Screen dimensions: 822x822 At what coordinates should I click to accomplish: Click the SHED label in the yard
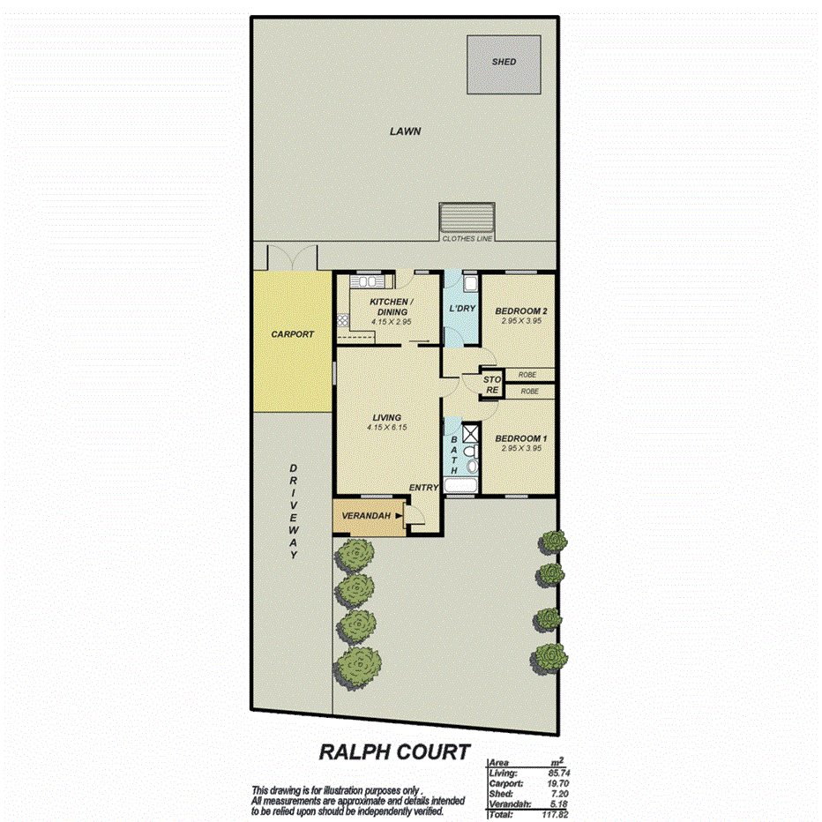tap(504, 62)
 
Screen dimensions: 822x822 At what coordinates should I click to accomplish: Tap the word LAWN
tap(406, 131)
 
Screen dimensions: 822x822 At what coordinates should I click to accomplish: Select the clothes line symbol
tap(467, 217)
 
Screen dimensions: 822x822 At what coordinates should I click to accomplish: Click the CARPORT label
tap(293, 335)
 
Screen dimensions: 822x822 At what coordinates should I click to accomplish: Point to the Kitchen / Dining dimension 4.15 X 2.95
tap(391, 323)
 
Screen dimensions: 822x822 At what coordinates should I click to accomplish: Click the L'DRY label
tap(462, 309)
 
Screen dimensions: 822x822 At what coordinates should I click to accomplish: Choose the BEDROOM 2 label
tap(521, 311)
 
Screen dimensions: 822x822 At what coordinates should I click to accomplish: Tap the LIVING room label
tap(386, 417)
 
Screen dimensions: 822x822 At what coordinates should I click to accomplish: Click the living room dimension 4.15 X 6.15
tap(386, 428)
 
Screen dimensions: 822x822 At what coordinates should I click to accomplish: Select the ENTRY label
tap(423, 487)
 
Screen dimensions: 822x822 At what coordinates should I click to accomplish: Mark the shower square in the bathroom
tap(470, 433)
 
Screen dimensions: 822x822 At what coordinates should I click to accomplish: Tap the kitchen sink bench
tap(371, 281)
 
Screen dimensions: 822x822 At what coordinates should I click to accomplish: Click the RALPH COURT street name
tap(392, 752)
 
